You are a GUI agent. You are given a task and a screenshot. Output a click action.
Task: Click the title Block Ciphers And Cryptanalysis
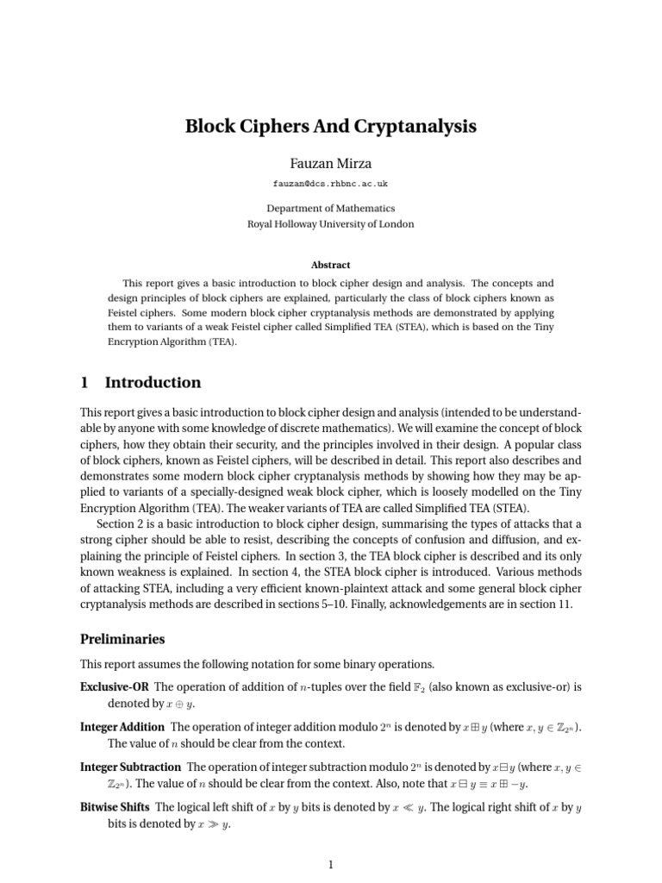coord(331,127)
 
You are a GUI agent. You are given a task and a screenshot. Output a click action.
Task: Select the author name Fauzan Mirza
coord(331,163)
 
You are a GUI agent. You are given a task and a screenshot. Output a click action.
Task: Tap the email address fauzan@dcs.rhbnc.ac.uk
coord(331,185)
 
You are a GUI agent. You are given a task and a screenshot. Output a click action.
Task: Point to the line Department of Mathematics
coord(331,208)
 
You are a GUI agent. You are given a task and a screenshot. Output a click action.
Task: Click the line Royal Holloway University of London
coord(331,224)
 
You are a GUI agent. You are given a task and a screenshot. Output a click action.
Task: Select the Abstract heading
coord(331,265)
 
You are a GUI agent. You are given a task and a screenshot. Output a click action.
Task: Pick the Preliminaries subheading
coord(122,640)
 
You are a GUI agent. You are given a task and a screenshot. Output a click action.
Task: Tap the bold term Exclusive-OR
coord(115,686)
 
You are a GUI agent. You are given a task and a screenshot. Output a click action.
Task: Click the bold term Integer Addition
coord(122,727)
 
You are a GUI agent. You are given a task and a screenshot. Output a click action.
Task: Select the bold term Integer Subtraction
coord(130,767)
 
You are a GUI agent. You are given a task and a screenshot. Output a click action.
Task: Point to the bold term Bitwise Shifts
coord(115,807)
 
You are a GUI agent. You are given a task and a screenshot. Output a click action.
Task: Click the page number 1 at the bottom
coord(331,865)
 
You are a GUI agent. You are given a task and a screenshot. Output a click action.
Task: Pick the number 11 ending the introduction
coord(564,605)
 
